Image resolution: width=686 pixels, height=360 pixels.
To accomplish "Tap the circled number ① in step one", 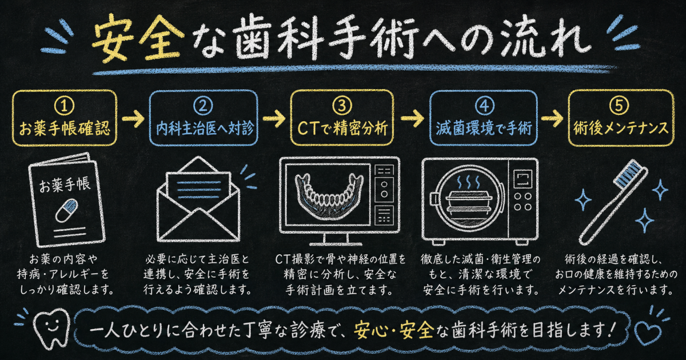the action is click(64, 105).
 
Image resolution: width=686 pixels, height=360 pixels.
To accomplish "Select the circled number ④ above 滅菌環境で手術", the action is click(485, 105).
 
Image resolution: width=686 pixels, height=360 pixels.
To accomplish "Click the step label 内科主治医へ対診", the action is click(205, 129).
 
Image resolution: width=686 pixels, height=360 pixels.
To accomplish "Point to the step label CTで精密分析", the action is click(342, 129).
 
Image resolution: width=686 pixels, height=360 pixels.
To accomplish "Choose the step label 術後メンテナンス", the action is click(621, 128).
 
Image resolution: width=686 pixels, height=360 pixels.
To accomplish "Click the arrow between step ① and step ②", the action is click(133, 118).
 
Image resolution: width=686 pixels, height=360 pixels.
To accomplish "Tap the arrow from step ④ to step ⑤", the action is click(552, 118).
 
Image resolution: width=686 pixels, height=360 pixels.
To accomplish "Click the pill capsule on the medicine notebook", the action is click(67, 210).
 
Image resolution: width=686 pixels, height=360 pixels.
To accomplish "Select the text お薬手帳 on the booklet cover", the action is click(65, 185).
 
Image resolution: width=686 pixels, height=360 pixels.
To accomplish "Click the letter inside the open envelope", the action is click(198, 187).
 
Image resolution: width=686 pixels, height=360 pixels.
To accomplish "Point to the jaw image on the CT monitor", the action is click(329, 196).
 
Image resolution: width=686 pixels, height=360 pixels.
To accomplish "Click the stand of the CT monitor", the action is click(336, 239).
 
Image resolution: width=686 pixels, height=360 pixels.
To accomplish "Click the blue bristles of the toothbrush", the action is click(628, 173).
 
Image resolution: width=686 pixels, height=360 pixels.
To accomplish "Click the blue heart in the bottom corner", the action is click(647, 333).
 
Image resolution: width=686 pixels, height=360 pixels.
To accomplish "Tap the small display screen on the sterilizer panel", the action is click(523, 179).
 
